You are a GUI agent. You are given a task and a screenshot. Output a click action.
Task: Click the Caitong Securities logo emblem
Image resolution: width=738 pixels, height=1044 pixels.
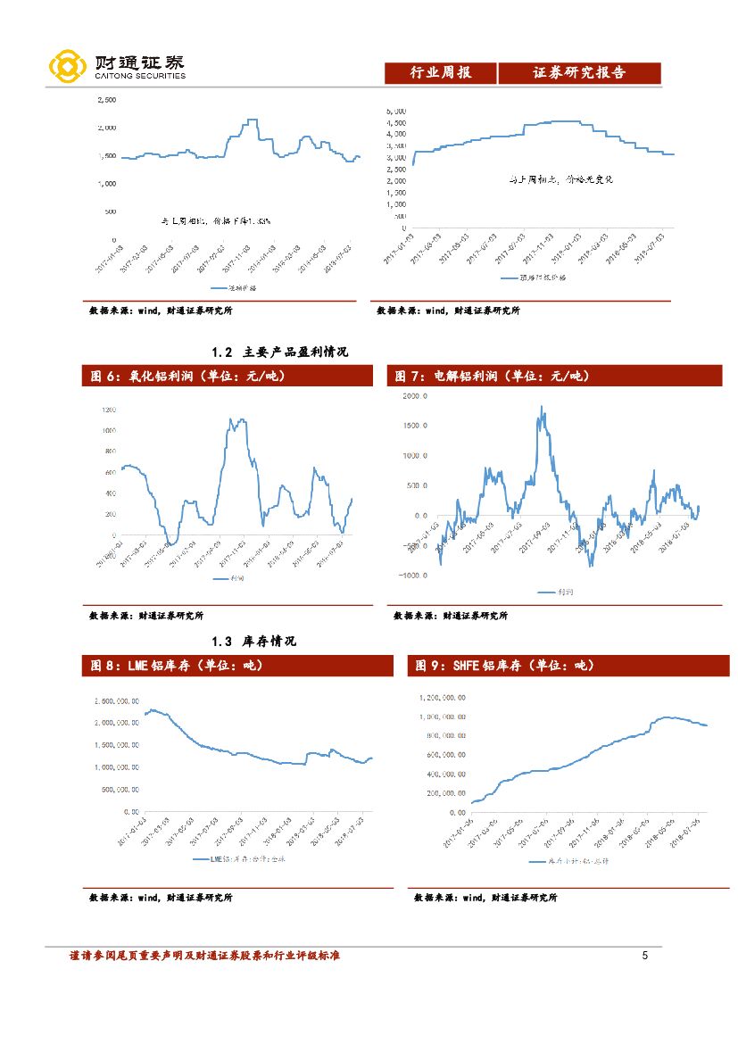[x=68, y=66]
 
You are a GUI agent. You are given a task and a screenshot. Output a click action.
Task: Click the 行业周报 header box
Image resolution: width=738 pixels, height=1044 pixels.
[x=440, y=73]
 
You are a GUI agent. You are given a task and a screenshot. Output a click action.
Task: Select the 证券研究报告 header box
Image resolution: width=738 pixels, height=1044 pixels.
[x=578, y=73]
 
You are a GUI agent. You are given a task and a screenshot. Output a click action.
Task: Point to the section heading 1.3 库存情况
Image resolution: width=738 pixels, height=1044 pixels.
[x=254, y=641]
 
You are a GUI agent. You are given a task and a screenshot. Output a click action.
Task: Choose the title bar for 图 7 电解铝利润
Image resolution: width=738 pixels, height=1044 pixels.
[x=553, y=377]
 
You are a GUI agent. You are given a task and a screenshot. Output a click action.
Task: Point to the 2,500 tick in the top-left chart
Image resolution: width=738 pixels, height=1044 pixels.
[x=105, y=100]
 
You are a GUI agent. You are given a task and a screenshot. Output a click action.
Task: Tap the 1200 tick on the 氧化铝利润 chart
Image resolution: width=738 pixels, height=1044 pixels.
[x=109, y=410]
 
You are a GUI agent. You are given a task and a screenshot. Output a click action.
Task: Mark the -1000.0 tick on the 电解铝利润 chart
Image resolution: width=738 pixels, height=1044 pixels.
[x=411, y=576]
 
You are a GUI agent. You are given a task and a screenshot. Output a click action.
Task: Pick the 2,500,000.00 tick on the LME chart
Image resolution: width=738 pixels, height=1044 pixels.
[x=115, y=700]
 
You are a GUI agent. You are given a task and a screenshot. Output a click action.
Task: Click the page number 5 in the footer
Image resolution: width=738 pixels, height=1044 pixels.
[x=644, y=956]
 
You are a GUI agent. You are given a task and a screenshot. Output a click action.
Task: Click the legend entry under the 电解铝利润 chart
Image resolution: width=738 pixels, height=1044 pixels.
[x=558, y=592]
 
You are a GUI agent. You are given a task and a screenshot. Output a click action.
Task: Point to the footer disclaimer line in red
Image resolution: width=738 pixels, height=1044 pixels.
[x=204, y=956]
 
